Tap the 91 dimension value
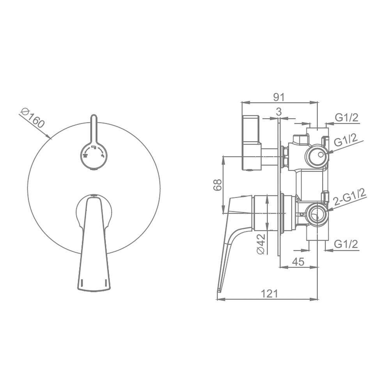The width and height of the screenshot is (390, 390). click(279, 97)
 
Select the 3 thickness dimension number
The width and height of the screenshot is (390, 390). click(279, 112)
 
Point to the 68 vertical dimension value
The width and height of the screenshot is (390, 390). click(218, 184)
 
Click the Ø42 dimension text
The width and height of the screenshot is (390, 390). click(261, 243)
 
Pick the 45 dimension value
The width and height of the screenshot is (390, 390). click(298, 262)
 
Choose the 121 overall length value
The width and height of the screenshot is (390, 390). click(269, 294)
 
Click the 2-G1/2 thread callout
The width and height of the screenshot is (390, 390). click(350, 197)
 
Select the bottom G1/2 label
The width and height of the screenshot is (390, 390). click(346, 244)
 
